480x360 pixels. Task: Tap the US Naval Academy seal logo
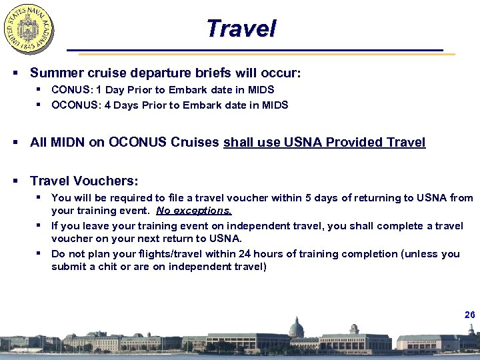point(29,29)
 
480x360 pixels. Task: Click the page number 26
point(469,314)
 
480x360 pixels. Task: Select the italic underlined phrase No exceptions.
point(194,211)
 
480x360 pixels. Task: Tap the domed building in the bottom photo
point(296,329)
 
